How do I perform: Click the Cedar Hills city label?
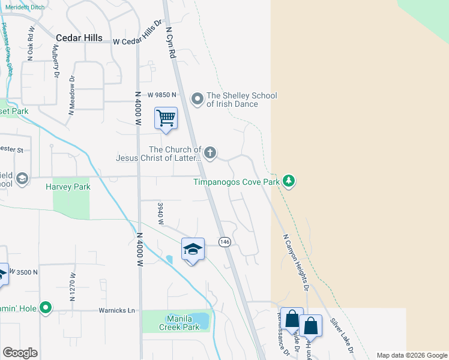click(80, 37)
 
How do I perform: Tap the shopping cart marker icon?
click(166, 118)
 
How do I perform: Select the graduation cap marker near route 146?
click(193, 249)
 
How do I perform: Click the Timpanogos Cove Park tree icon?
click(289, 181)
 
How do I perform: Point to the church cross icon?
click(210, 153)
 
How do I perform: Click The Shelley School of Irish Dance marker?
click(197, 98)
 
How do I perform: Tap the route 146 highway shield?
click(224, 241)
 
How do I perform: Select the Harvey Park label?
click(68, 187)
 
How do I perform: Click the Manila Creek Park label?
click(179, 323)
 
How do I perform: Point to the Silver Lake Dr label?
click(342, 334)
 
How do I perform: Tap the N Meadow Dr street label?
click(71, 94)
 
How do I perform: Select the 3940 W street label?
click(160, 213)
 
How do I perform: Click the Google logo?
click(20, 353)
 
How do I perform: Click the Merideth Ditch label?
click(25, 7)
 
